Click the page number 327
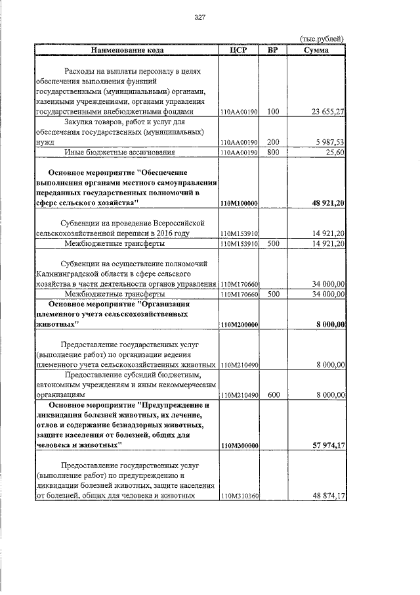click(x=200, y=18)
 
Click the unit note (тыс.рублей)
click(x=322, y=39)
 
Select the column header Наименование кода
click(x=127, y=49)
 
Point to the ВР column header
click(x=273, y=49)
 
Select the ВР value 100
click(x=273, y=112)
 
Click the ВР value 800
click(x=273, y=152)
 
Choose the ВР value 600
click(x=273, y=395)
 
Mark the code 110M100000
click(x=239, y=204)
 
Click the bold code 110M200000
click(x=239, y=325)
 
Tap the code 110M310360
click(x=239, y=497)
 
